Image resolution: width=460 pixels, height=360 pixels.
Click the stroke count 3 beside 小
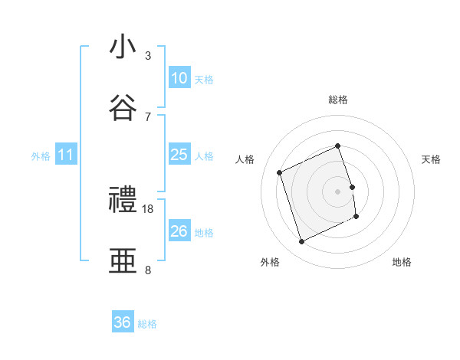point(148,55)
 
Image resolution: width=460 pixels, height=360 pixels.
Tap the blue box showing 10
point(179,78)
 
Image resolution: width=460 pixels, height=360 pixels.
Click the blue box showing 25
point(179,155)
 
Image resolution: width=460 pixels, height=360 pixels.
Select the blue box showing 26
point(179,231)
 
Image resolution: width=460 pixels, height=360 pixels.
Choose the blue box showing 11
point(66,155)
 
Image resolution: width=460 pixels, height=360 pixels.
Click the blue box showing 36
point(123,322)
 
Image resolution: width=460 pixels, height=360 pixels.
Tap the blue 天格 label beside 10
point(204,80)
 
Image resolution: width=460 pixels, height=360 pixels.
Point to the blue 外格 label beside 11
point(41,156)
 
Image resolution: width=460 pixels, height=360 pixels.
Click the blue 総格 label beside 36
point(147,324)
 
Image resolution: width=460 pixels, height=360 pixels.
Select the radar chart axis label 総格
point(338,100)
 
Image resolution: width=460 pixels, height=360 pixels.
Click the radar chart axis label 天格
point(432,159)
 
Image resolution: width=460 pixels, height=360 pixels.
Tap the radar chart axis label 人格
point(245,159)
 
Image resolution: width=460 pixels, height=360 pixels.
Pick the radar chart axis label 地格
point(402,262)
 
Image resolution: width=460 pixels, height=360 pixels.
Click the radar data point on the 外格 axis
point(301,242)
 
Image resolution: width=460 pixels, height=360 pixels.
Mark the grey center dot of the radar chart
point(338,191)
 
